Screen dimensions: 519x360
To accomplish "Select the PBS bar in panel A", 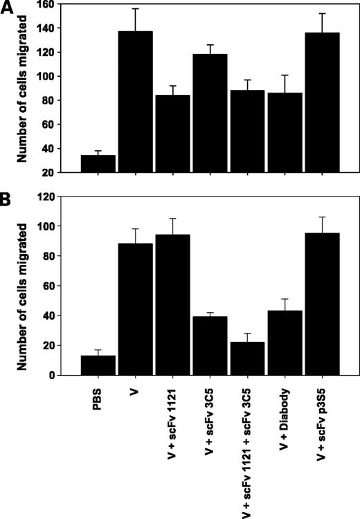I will (x=98, y=164).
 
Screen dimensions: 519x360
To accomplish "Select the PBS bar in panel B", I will (x=98, y=365).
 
